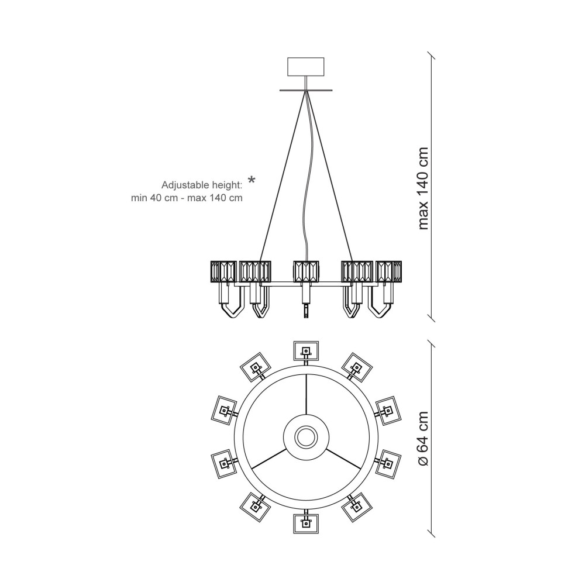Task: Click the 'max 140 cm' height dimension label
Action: tap(423, 188)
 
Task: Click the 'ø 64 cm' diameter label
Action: tap(423, 438)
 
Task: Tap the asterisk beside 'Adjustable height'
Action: tap(252, 181)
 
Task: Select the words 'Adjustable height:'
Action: tap(202, 185)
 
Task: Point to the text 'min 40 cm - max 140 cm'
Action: tap(187, 198)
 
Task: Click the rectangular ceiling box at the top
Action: tap(306, 67)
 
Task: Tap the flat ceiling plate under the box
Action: tap(306, 90)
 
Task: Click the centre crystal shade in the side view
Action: tap(306, 272)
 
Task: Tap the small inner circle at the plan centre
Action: tap(306, 436)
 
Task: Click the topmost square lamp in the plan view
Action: tap(306, 351)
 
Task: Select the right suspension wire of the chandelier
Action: tap(329, 176)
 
